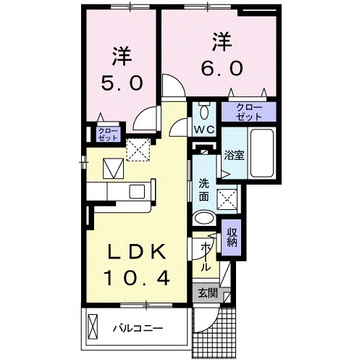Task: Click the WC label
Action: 204,130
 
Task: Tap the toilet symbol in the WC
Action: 205,110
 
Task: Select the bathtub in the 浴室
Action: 262,153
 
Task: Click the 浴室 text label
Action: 234,155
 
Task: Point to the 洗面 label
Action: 204,190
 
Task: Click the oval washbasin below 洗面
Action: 204,218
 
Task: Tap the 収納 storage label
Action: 232,237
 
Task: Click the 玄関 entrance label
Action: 208,293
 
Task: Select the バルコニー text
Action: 138,328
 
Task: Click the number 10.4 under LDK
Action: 136,277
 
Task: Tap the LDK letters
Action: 137,252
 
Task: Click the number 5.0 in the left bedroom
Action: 122,83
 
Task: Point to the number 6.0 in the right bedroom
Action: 222,68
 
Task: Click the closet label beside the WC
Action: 249,112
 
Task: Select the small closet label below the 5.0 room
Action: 108,135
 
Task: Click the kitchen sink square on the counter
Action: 136,191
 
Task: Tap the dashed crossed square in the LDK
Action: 138,150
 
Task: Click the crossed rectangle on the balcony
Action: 93,327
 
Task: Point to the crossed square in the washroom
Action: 227,199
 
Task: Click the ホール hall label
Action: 205,256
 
